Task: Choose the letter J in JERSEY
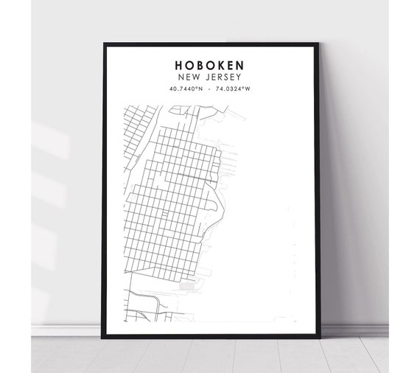coord(207,76)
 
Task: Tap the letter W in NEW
coord(199,76)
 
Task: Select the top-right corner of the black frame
coord(318,43)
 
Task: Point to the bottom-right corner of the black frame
coord(318,337)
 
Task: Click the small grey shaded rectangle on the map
coord(189,283)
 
